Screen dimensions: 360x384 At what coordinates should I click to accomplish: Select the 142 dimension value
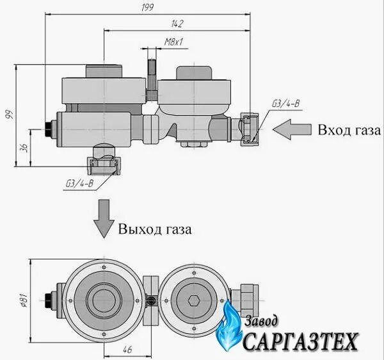[x=177, y=24]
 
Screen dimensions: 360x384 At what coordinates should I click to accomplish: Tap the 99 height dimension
[x=8, y=115]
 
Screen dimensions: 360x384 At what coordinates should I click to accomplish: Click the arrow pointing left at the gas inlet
[x=291, y=129]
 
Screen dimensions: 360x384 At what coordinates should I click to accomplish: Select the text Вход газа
[x=349, y=130]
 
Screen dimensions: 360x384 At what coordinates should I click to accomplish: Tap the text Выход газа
[x=154, y=228]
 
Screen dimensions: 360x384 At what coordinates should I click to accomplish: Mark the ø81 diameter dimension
[x=22, y=299]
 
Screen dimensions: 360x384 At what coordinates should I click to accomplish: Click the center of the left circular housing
[x=104, y=299]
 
